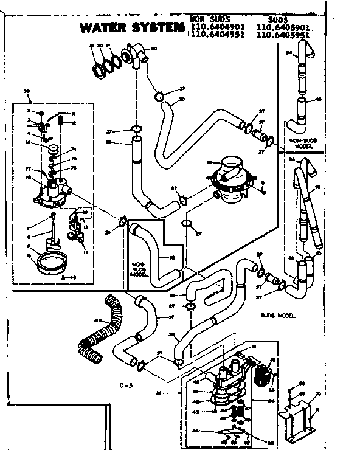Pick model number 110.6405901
pos(282,26)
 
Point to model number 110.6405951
pos(282,35)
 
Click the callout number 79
pos(209,162)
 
